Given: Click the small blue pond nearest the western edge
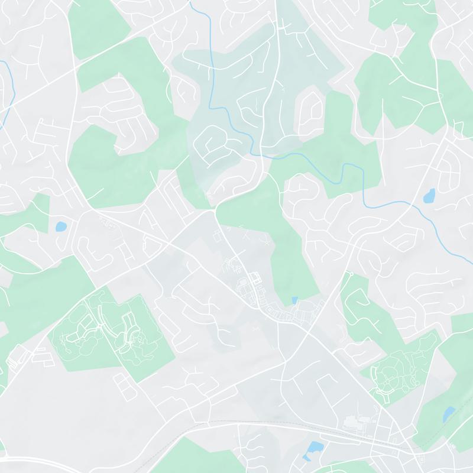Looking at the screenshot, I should pos(60,226).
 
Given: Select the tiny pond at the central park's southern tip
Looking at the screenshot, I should pos(294,300).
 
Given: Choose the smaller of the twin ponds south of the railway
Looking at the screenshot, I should pos(306,457).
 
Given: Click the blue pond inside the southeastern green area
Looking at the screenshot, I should pos(449,414).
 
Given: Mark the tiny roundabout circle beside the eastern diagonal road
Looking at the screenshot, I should pos(351,274).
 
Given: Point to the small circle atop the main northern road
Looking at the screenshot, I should pos(269,11).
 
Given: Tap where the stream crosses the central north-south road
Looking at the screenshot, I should pos(262,155).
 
